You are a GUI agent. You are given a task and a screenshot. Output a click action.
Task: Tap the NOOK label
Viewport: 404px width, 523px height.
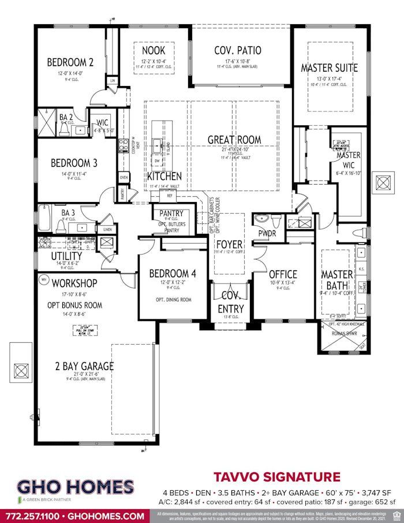[153, 50]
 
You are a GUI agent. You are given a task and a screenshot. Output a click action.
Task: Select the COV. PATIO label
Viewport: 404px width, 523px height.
[237, 50]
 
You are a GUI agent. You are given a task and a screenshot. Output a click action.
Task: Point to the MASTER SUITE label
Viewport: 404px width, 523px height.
[329, 68]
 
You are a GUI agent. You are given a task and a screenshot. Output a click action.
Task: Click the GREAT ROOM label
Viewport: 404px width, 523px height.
[234, 140]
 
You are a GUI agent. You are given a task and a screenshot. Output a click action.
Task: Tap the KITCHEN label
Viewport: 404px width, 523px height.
[164, 176]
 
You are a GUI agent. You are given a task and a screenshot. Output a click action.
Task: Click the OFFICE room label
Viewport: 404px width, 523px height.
[283, 274]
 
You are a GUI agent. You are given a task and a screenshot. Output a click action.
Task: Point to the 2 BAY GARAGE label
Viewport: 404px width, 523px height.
[85, 366]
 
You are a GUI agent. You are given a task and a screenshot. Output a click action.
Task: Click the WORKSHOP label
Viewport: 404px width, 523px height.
[74, 283]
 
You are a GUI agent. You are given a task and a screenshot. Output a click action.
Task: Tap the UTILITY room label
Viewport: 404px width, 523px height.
[66, 256]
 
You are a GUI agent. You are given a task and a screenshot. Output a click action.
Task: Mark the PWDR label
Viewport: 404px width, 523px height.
[268, 234]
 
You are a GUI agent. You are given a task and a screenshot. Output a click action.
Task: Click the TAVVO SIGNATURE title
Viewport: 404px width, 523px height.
[276, 477]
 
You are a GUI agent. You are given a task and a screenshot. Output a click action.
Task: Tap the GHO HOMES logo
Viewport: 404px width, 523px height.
[76, 487]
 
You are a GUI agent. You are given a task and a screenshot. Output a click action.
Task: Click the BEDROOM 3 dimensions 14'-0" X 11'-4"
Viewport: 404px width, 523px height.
[73, 173]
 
